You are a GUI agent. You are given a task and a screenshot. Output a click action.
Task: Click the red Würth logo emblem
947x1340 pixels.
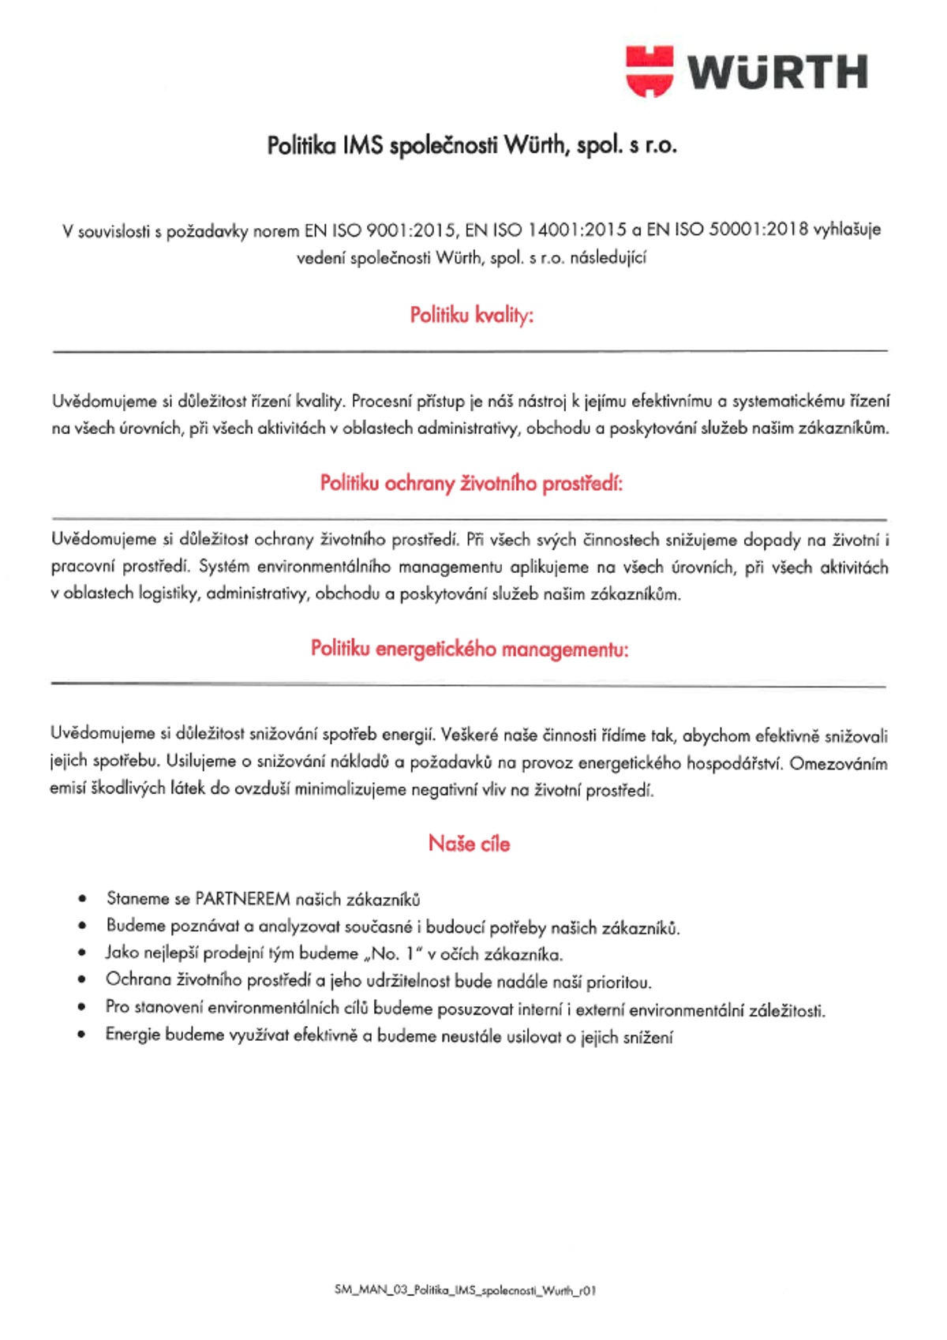(649, 71)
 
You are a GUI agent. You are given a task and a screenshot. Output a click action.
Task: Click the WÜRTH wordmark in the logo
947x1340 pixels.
(778, 73)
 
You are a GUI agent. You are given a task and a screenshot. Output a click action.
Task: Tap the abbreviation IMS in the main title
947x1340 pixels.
(363, 146)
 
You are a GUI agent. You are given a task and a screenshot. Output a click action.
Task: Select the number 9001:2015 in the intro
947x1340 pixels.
(411, 230)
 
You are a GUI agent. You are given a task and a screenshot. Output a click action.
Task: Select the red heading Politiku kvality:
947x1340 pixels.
(471, 316)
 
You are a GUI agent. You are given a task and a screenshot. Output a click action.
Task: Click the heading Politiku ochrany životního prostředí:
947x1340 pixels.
(471, 484)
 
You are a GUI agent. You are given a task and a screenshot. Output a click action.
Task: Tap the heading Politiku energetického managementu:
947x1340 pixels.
(470, 649)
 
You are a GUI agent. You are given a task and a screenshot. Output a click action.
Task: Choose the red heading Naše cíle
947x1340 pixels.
(470, 844)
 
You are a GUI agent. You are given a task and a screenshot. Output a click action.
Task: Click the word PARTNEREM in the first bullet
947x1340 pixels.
(243, 899)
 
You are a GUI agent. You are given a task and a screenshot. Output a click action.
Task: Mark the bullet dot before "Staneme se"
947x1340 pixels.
(82, 899)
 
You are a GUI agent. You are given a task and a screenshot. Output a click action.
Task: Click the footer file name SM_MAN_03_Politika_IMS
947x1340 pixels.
(465, 1290)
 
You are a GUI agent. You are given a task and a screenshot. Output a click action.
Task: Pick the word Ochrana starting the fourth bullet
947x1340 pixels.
(138, 980)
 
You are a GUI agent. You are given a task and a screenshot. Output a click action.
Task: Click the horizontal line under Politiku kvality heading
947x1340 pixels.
(470, 350)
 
